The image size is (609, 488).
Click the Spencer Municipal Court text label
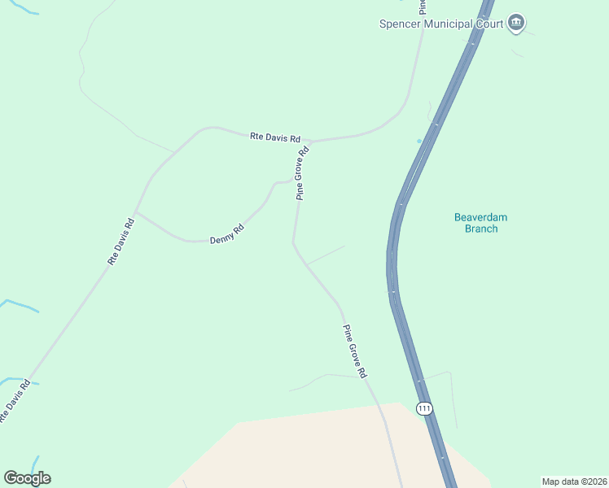pyautogui.click(x=440, y=24)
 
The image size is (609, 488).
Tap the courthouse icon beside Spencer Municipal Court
pyautogui.click(x=515, y=23)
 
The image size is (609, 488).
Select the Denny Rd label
pyautogui.click(x=227, y=235)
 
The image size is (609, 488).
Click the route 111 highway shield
pyautogui.click(x=423, y=408)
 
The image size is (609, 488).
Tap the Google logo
pyautogui.click(x=27, y=478)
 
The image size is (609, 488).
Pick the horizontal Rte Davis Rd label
pyautogui.click(x=275, y=138)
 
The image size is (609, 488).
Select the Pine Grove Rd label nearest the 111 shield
pyautogui.click(x=355, y=351)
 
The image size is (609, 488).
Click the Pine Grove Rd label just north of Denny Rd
pyautogui.click(x=303, y=173)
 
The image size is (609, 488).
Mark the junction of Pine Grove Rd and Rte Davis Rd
pyautogui.click(x=310, y=142)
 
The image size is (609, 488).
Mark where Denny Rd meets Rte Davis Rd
pyautogui.click(x=136, y=212)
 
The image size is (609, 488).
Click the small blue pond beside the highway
pyautogui.click(x=419, y=141)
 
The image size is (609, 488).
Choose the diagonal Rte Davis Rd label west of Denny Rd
pyautogui.click(x=120, y=241)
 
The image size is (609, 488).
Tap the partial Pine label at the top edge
pyautogui.click(x=423, y=7)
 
